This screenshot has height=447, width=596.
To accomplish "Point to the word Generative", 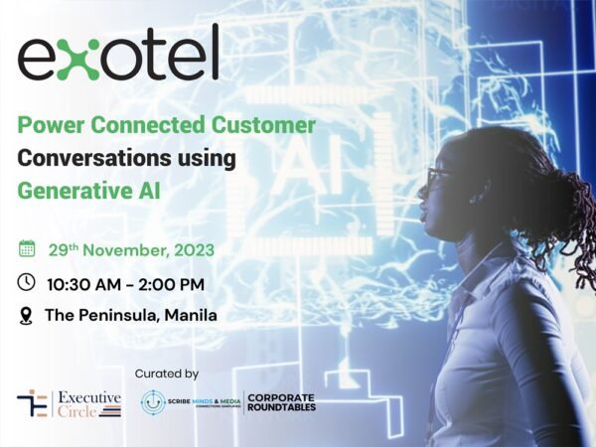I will (69, 190).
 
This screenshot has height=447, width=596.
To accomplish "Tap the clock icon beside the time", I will (28, 282).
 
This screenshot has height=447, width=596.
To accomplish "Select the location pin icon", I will (27, 315).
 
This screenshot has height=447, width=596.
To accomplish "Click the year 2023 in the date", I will (191, 248).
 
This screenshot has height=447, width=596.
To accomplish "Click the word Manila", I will (191, 316).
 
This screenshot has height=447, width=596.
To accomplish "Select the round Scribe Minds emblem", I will (154, 402).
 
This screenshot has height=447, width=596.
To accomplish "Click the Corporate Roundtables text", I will (281, 402).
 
